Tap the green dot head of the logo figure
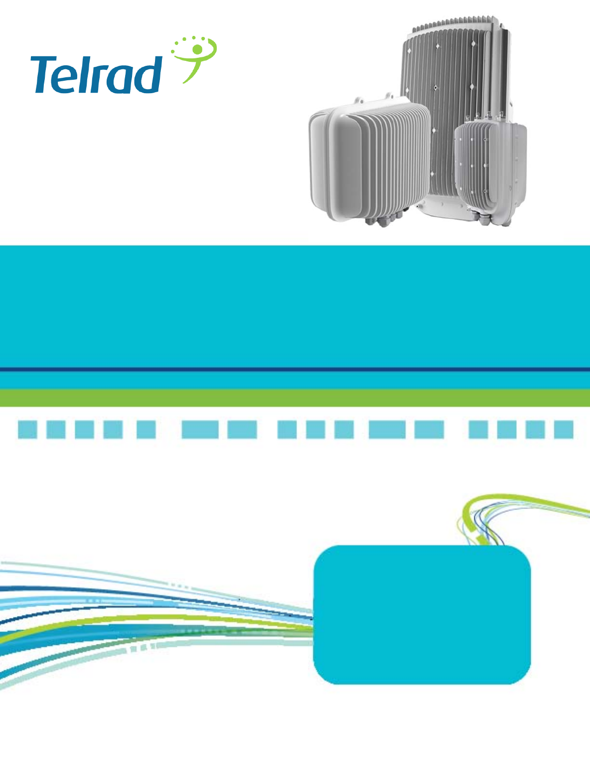pos(198,49)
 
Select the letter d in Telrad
pos(149,75)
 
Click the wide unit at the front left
pos(369,159)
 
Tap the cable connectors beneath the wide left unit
pos(386,219)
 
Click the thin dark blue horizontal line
pos(295,369)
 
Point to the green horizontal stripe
pos(295,398)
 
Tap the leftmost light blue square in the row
pos(27,429)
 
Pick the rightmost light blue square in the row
pos(564,429)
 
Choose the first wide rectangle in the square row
pos(200,429)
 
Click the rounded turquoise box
pos(422,614)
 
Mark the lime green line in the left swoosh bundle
pos(149,619)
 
